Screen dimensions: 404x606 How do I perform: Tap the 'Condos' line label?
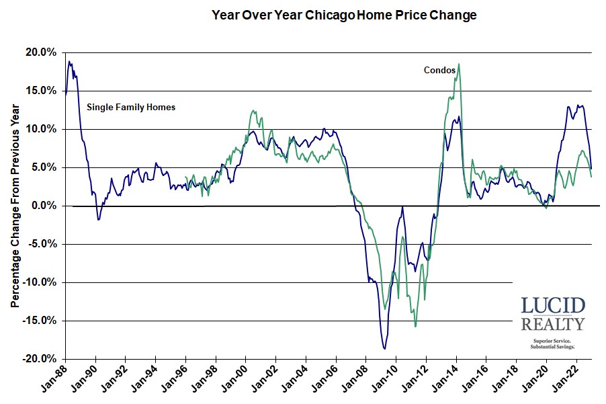[439, 69]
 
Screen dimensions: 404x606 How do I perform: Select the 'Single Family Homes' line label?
[131, 106]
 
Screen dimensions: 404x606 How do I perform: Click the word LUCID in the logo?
[553, 306]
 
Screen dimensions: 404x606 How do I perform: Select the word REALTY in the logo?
[553, 325]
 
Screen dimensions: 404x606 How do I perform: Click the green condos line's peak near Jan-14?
[458, 65]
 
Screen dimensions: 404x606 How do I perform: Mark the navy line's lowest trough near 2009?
[384, 348]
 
